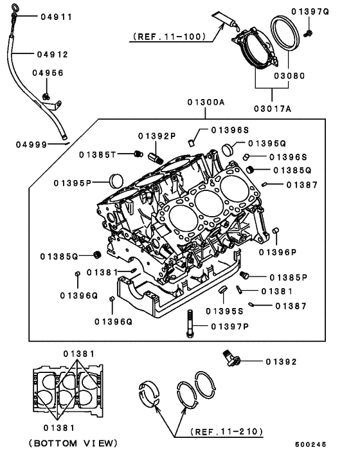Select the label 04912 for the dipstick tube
(52, 55)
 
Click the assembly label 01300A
(206, 103)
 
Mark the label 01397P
(226, 327)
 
